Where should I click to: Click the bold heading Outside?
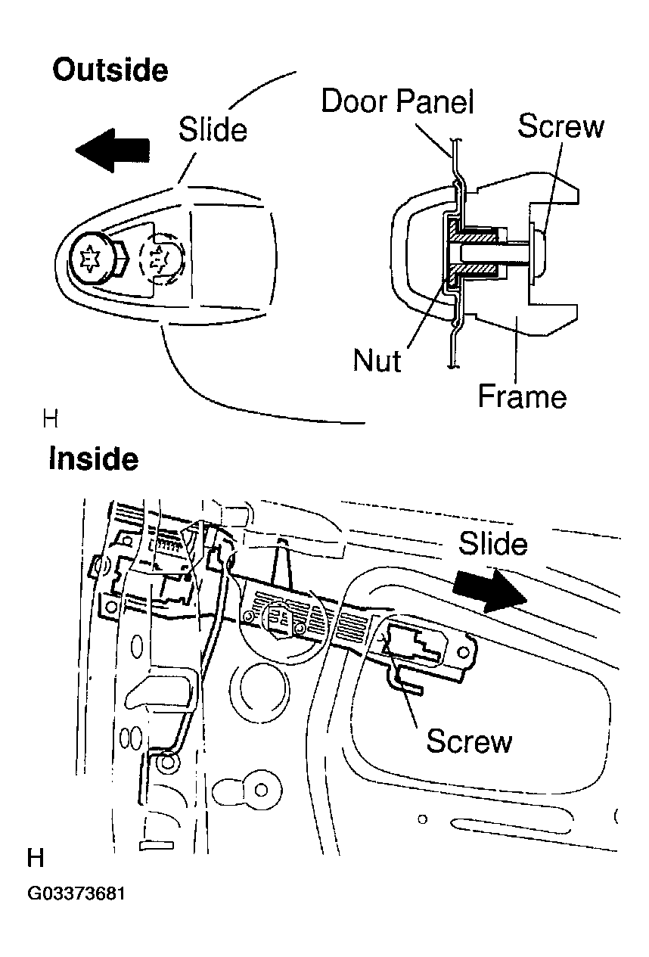tap(110, 70)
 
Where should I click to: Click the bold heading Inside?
tap(94, 458)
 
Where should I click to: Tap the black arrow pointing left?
tap(113, 150)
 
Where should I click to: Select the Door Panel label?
tap(397, 101)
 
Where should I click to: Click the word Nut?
tap(377, 360)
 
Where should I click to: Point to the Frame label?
tap(522, 396)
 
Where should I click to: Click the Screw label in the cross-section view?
tap(560, 126)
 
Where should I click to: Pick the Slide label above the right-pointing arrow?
tap(492, 543)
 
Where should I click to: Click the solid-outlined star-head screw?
tap(92, 259)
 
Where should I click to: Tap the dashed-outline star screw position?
tap(162, 259)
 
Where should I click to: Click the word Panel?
tap(435, 101)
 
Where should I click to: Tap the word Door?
tap(355, 101)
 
